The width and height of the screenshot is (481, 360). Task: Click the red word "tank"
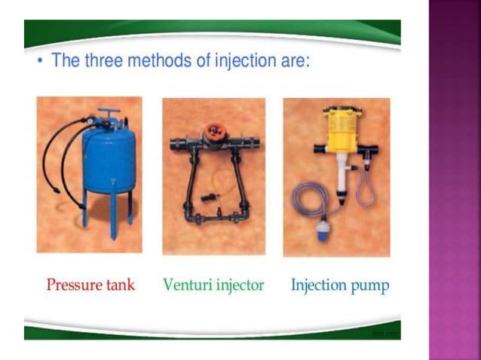coord(121,285)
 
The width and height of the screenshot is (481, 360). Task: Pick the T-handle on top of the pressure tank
coord(108,114)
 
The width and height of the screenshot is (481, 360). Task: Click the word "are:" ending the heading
coord(290,61)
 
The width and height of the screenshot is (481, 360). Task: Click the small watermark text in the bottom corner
coord(389,332)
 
